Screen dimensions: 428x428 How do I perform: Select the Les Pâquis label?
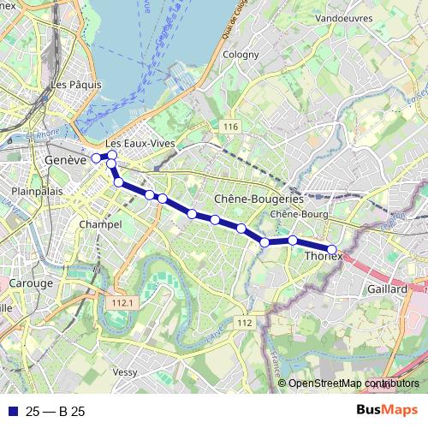coord(75,85)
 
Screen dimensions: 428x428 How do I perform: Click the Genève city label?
coord(65,160)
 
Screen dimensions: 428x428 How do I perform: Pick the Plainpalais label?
coord(34,192)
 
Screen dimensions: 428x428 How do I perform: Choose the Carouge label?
coord(31,282)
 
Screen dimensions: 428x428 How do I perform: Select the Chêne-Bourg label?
coord(294,214)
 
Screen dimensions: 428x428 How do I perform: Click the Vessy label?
coord(125,372)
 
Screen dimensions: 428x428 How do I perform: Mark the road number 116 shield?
coord(229,128)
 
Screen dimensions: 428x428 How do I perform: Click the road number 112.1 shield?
coord(122,302)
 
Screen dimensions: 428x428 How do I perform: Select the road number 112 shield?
coord(245,322)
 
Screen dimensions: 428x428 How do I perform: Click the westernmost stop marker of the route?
coord(96,158)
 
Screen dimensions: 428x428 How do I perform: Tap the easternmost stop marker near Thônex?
coord(332,250)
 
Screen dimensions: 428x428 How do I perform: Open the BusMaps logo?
coord(388,410)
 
